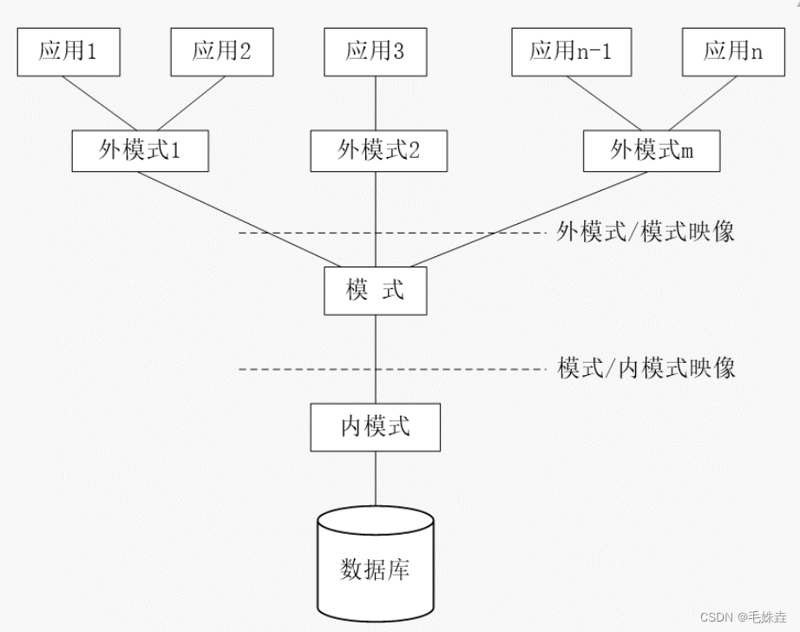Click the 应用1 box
68,51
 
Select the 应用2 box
221,51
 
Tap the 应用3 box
375,51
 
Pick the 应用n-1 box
570,51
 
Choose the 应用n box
733,51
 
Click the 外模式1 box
140,151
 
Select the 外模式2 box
378,151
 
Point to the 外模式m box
652,151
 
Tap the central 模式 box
376,290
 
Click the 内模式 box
376,426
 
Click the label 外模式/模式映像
646,232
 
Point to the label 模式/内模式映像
646,368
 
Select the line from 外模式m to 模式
529,218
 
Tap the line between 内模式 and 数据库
376,477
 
